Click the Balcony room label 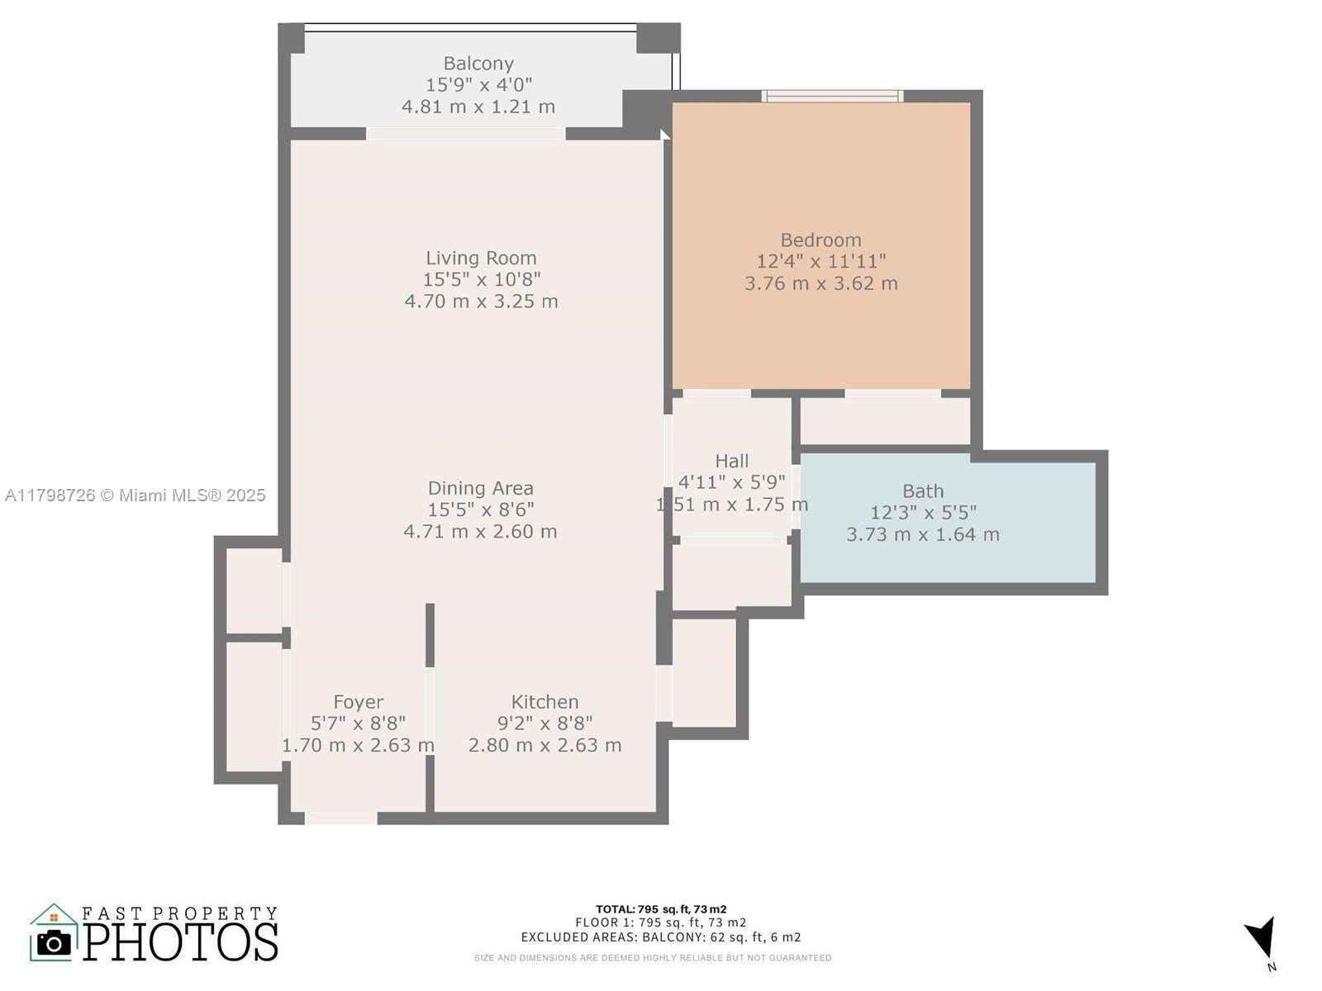tap(478, 64)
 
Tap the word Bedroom tap(820, 240)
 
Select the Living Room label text tap(481, 258)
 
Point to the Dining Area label tap(481, 488)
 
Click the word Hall tap(732, 461)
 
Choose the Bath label tap(923, 491)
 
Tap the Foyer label tap(358, 702)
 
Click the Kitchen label tap(544, 702)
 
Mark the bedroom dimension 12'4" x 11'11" tap(821, 261)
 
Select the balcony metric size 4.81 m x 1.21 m tap(478, 107)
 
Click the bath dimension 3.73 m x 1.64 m tap(923, 534)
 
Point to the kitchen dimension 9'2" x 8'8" tap(544, 723)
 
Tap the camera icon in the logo tap(55, 943)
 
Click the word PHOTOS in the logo tap(180, 941)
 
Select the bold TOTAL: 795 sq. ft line tap(661, 909)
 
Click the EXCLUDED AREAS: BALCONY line tap(661, 937)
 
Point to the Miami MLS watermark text tap(135, 495)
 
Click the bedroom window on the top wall tap(832, 96)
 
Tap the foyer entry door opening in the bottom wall tap(341, 818)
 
